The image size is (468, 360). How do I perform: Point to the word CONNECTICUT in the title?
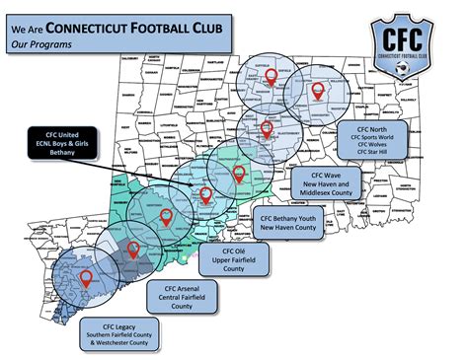tap(98, 27)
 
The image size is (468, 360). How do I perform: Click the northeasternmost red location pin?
tap(318, 91)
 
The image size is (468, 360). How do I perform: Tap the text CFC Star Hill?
tap(374, 161)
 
